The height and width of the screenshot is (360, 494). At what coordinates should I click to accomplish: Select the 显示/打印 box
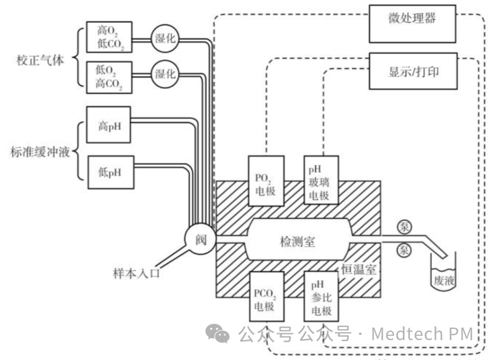pos(413,71)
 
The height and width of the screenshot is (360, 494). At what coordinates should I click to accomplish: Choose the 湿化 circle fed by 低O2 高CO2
pos(165,75)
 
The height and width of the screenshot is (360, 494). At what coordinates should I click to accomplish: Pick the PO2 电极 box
pos(265,180)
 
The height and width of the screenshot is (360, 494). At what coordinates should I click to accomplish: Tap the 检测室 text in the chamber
pos(297,241)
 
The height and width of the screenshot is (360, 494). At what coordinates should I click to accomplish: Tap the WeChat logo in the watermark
pos(217,333)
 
